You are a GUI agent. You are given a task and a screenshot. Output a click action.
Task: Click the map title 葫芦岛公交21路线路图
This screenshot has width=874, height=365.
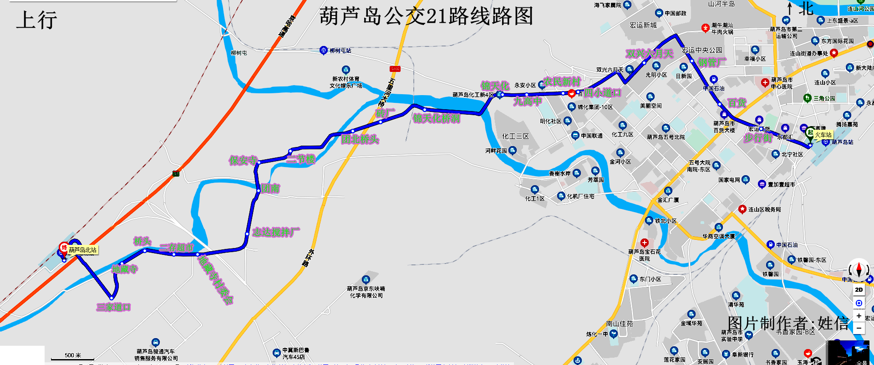coord(426,16)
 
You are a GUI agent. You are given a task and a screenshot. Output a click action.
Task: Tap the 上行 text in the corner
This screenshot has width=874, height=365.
coord(36,20)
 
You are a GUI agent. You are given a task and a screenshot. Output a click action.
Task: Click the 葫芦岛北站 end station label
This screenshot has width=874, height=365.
coord(82,250)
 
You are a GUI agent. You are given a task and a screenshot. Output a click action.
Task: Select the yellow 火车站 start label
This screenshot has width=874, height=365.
coord(823,135)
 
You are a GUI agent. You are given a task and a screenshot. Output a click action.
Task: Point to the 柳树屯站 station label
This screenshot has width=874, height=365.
coord(340,51)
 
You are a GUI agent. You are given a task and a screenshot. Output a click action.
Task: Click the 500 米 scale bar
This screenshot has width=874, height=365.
coord(73,356)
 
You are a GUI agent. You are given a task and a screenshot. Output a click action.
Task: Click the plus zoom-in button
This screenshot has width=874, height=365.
coord(859,316)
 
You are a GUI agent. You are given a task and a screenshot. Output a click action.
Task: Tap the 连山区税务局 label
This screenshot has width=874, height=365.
coord(764,209)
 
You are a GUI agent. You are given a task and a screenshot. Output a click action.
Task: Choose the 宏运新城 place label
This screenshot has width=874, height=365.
coord(643,25)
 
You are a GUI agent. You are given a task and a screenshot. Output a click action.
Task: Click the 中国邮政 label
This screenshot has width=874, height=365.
coord(675,13)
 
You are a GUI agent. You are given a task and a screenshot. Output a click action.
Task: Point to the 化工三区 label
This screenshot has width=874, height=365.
coord(515,136)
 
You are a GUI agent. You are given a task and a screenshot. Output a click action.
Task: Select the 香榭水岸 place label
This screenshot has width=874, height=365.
coord(559,173)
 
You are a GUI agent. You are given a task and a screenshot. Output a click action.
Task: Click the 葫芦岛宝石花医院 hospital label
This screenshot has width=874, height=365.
coord(644,255)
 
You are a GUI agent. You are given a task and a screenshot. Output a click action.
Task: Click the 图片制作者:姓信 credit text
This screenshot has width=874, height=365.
coord(788,324)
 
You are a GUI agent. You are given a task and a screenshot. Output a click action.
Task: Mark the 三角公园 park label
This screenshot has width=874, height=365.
coord(824,98)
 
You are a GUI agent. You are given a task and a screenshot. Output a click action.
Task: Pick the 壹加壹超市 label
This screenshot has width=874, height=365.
coord(781,184)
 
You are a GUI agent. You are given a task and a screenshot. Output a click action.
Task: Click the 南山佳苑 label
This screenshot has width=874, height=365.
coord(619,324)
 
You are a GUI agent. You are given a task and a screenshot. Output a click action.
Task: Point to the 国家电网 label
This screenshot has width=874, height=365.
coord(729,180)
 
